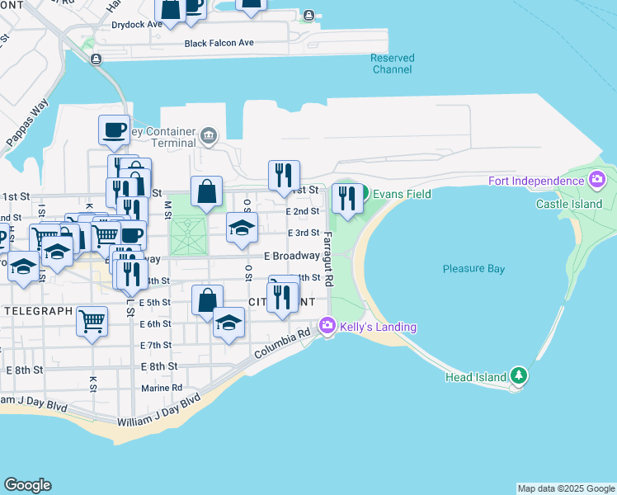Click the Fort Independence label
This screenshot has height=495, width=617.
(535, 181)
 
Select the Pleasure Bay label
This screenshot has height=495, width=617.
(473, 269)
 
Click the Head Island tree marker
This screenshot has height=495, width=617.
(518, 376)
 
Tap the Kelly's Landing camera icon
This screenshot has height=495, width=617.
(327, 327)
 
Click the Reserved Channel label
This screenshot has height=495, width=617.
(392, 64)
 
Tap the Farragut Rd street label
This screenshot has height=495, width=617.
(327, 259)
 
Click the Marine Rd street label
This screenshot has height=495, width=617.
(161, 387)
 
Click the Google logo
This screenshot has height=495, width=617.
(27, 485)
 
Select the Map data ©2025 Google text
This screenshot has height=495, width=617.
(565, 488)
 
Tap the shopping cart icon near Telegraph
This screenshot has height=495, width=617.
(92, 320)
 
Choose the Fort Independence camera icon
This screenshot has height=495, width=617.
(596, 180)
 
